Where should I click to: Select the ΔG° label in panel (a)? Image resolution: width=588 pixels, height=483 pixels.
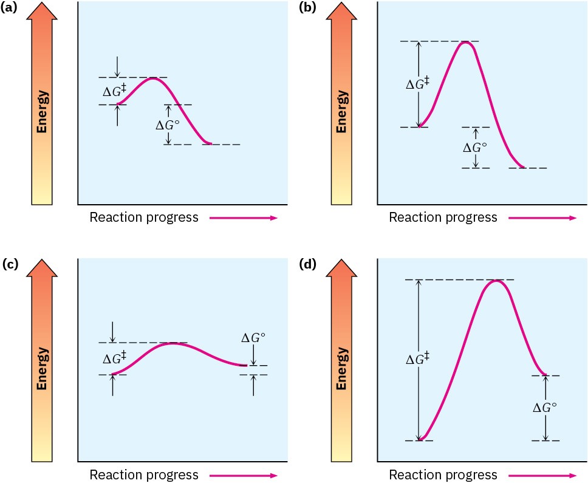pos(168,125)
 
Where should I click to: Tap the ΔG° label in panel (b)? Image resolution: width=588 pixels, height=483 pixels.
pos(475,147)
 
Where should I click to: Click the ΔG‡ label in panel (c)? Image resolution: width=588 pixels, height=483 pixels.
pos(115,358)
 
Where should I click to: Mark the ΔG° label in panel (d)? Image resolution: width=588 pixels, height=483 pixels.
pos(545,408)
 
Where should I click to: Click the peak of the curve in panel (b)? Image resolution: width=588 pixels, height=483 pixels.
pos(466,42)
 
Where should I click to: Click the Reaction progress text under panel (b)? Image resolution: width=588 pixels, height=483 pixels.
pos(443,218)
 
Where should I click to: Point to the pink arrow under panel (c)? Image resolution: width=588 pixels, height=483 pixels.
pos(244,474)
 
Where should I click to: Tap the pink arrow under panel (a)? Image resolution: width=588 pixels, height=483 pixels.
pos(244,218)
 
